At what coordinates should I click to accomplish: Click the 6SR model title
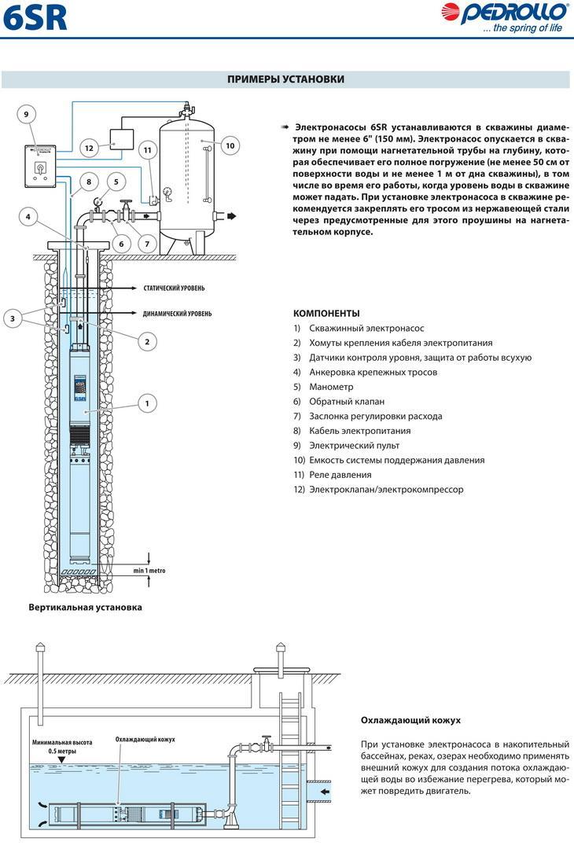(35, 18)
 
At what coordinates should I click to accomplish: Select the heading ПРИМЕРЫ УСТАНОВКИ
(285, 79)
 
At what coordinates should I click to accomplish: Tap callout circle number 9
(26, 115)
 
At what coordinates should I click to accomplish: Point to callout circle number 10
(230, 145)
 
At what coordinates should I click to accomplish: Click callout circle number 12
(89, 147)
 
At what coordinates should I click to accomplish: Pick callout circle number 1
(146, 403)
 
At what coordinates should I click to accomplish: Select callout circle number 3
(13, 318)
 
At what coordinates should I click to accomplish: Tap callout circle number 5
(116, 182)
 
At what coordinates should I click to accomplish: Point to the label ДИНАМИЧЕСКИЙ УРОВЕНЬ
(177, 314)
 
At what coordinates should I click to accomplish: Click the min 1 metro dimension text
(149, 571)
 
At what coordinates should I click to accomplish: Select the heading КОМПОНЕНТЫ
(326, 313)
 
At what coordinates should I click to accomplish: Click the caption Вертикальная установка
(85, 608)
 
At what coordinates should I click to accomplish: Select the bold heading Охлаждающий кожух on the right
(410, 720)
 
